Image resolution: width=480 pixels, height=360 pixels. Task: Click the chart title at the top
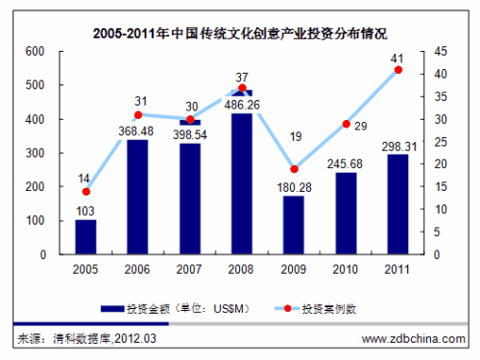click(x=240, y=34)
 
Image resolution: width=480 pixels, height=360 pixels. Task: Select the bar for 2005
click(x=85, y=237)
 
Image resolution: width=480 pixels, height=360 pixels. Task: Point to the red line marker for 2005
click(x=85, y=192)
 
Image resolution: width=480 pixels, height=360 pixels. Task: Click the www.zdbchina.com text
click(x=411, y=339)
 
